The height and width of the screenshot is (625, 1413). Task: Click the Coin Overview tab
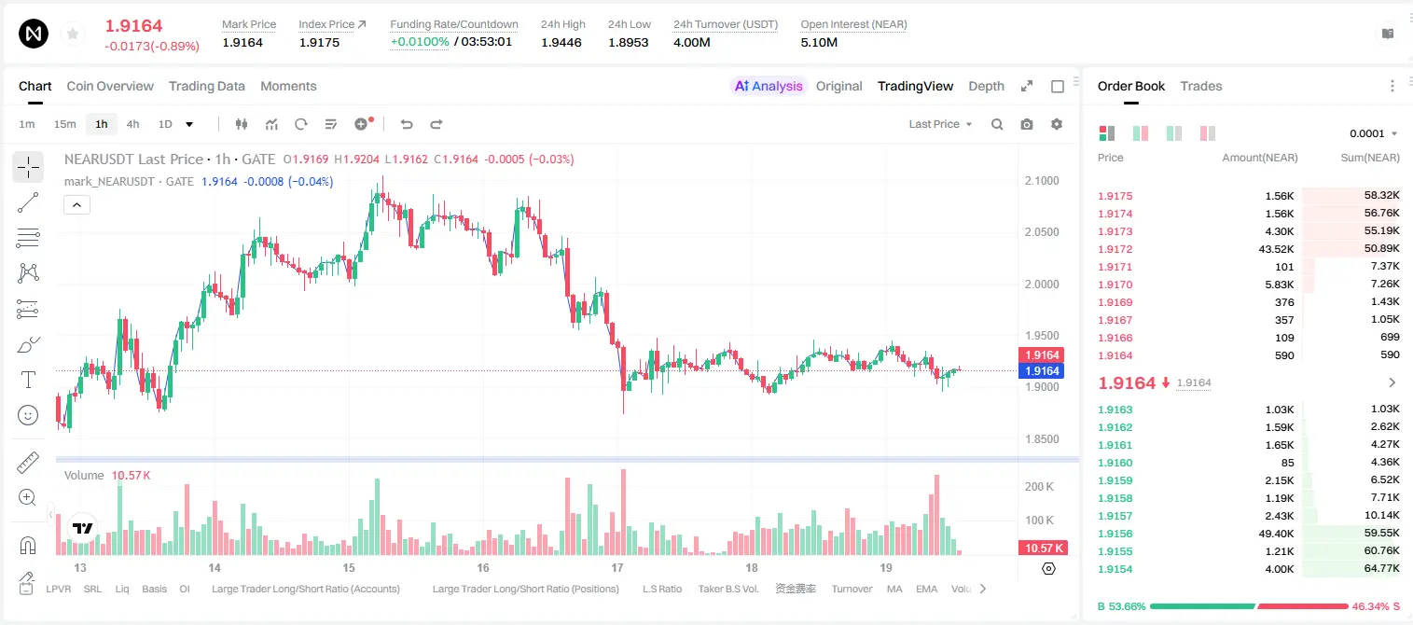[110, 86]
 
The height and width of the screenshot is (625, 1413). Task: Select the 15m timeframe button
[64, 124]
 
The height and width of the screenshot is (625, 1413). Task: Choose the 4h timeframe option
[132, 124]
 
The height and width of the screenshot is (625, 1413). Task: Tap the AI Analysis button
[769, 86]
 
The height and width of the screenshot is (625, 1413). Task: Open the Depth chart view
[986, 86]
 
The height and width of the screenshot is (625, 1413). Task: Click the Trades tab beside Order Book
[1201, 86]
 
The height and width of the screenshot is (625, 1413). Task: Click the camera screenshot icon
[1027, 124]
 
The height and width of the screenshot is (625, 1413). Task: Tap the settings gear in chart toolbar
[1057, 124]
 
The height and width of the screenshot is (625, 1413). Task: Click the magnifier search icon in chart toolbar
[997, 124]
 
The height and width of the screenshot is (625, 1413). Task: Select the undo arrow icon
[407, 124]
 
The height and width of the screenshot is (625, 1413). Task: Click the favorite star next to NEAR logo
[73, 34]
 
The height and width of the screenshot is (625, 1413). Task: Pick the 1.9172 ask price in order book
[1115, 249]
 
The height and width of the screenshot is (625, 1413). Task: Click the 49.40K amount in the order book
[1276, 534]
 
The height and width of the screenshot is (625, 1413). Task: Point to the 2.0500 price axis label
[1042, 232]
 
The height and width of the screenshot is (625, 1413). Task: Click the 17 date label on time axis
[616, 567]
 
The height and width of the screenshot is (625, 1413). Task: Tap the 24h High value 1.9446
[561, 42]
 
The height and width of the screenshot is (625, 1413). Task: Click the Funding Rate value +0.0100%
[420, 42]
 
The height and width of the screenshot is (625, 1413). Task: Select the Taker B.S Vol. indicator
[727, 589]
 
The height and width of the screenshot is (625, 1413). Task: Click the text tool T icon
[28, 380]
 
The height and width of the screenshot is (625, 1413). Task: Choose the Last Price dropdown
[940, 124]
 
